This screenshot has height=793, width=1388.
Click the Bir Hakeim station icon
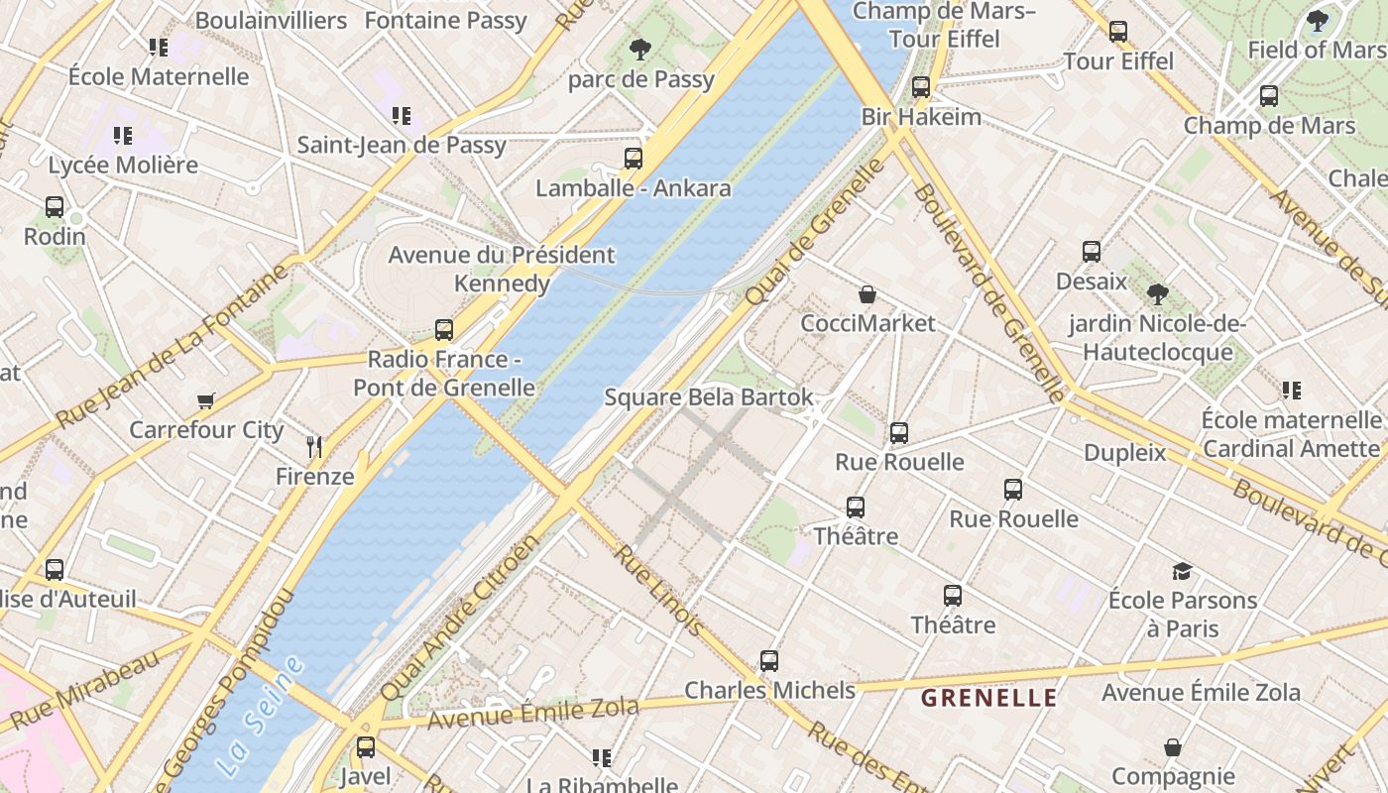pyautogui.click(x=921, y=87)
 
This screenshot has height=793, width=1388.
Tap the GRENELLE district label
pyautogui.click(x=988, y=698)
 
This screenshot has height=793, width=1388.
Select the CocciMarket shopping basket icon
pyautogui.click(x=867, y=294)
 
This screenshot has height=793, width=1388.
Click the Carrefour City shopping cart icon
pyautogui.click(x=205, y=400)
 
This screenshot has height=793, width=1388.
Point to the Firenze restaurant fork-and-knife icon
pyautogui.click(x=314, y=446)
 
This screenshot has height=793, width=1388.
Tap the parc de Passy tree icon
pyautogui.click(x=640, y=49)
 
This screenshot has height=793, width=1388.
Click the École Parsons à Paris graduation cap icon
pyautogui.click(x=1182, y=571)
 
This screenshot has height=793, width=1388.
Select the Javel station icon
pyautogui.click(x=366, y=746)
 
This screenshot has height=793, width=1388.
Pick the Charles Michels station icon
pyautogui.click(x=769, y=660)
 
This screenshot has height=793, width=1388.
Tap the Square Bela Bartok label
pyautogui.click(x=709, y=397)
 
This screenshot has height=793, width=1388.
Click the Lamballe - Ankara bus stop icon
pyautogui.click(x=633, y=158)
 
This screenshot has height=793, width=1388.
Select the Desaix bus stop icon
pyautogui.click(x=1092, y=251)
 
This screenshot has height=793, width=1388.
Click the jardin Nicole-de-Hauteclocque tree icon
pyautogui.click(x=1156, y=293)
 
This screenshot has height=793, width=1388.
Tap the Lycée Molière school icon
pyautogui.click(x=123, y=135)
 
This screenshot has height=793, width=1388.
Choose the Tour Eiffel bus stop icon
pyautogui.click(x=1118, y=32)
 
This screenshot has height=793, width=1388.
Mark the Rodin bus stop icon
pyautogui.click(x=55, y=207)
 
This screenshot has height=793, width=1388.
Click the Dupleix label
pyautogui.click(x=1124, y=453)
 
